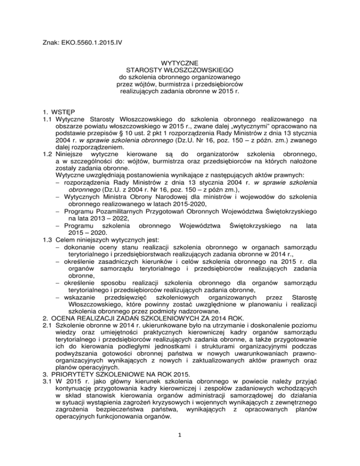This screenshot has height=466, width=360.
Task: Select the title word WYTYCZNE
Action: pyautogui.click(x=180, y=62)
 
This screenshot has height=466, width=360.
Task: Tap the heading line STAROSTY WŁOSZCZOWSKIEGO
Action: pyautogui.click(x=180, y=70)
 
